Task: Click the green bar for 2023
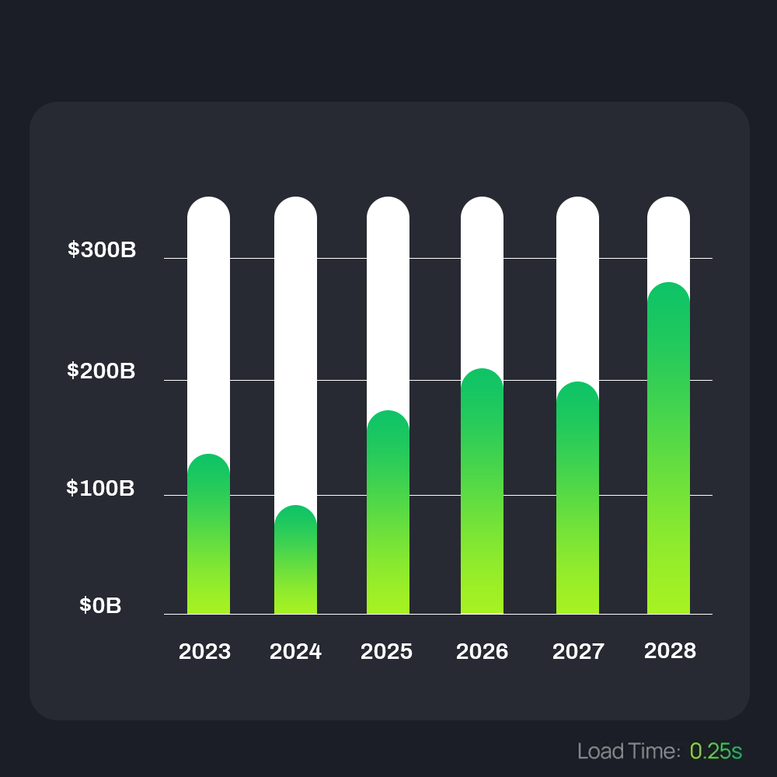pos(208,536)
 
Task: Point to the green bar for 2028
pos(668,450)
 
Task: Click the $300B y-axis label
pos(102,249)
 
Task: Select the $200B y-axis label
pos(101,371)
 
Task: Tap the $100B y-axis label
pos(100,488)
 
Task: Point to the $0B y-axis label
pos(100,606)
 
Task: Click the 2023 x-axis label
pos(204,651)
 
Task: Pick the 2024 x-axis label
pos(295,651)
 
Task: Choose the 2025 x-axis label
pos(386,651)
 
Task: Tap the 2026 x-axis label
pos(482,651)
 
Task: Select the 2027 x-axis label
pos(578,651)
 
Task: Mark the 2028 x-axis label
pos(670,650)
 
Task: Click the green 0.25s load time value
pos(716,751)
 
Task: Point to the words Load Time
pos(629,751)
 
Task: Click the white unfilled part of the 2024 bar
pos(295,350)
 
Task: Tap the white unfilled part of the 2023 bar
pos(208,326)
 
